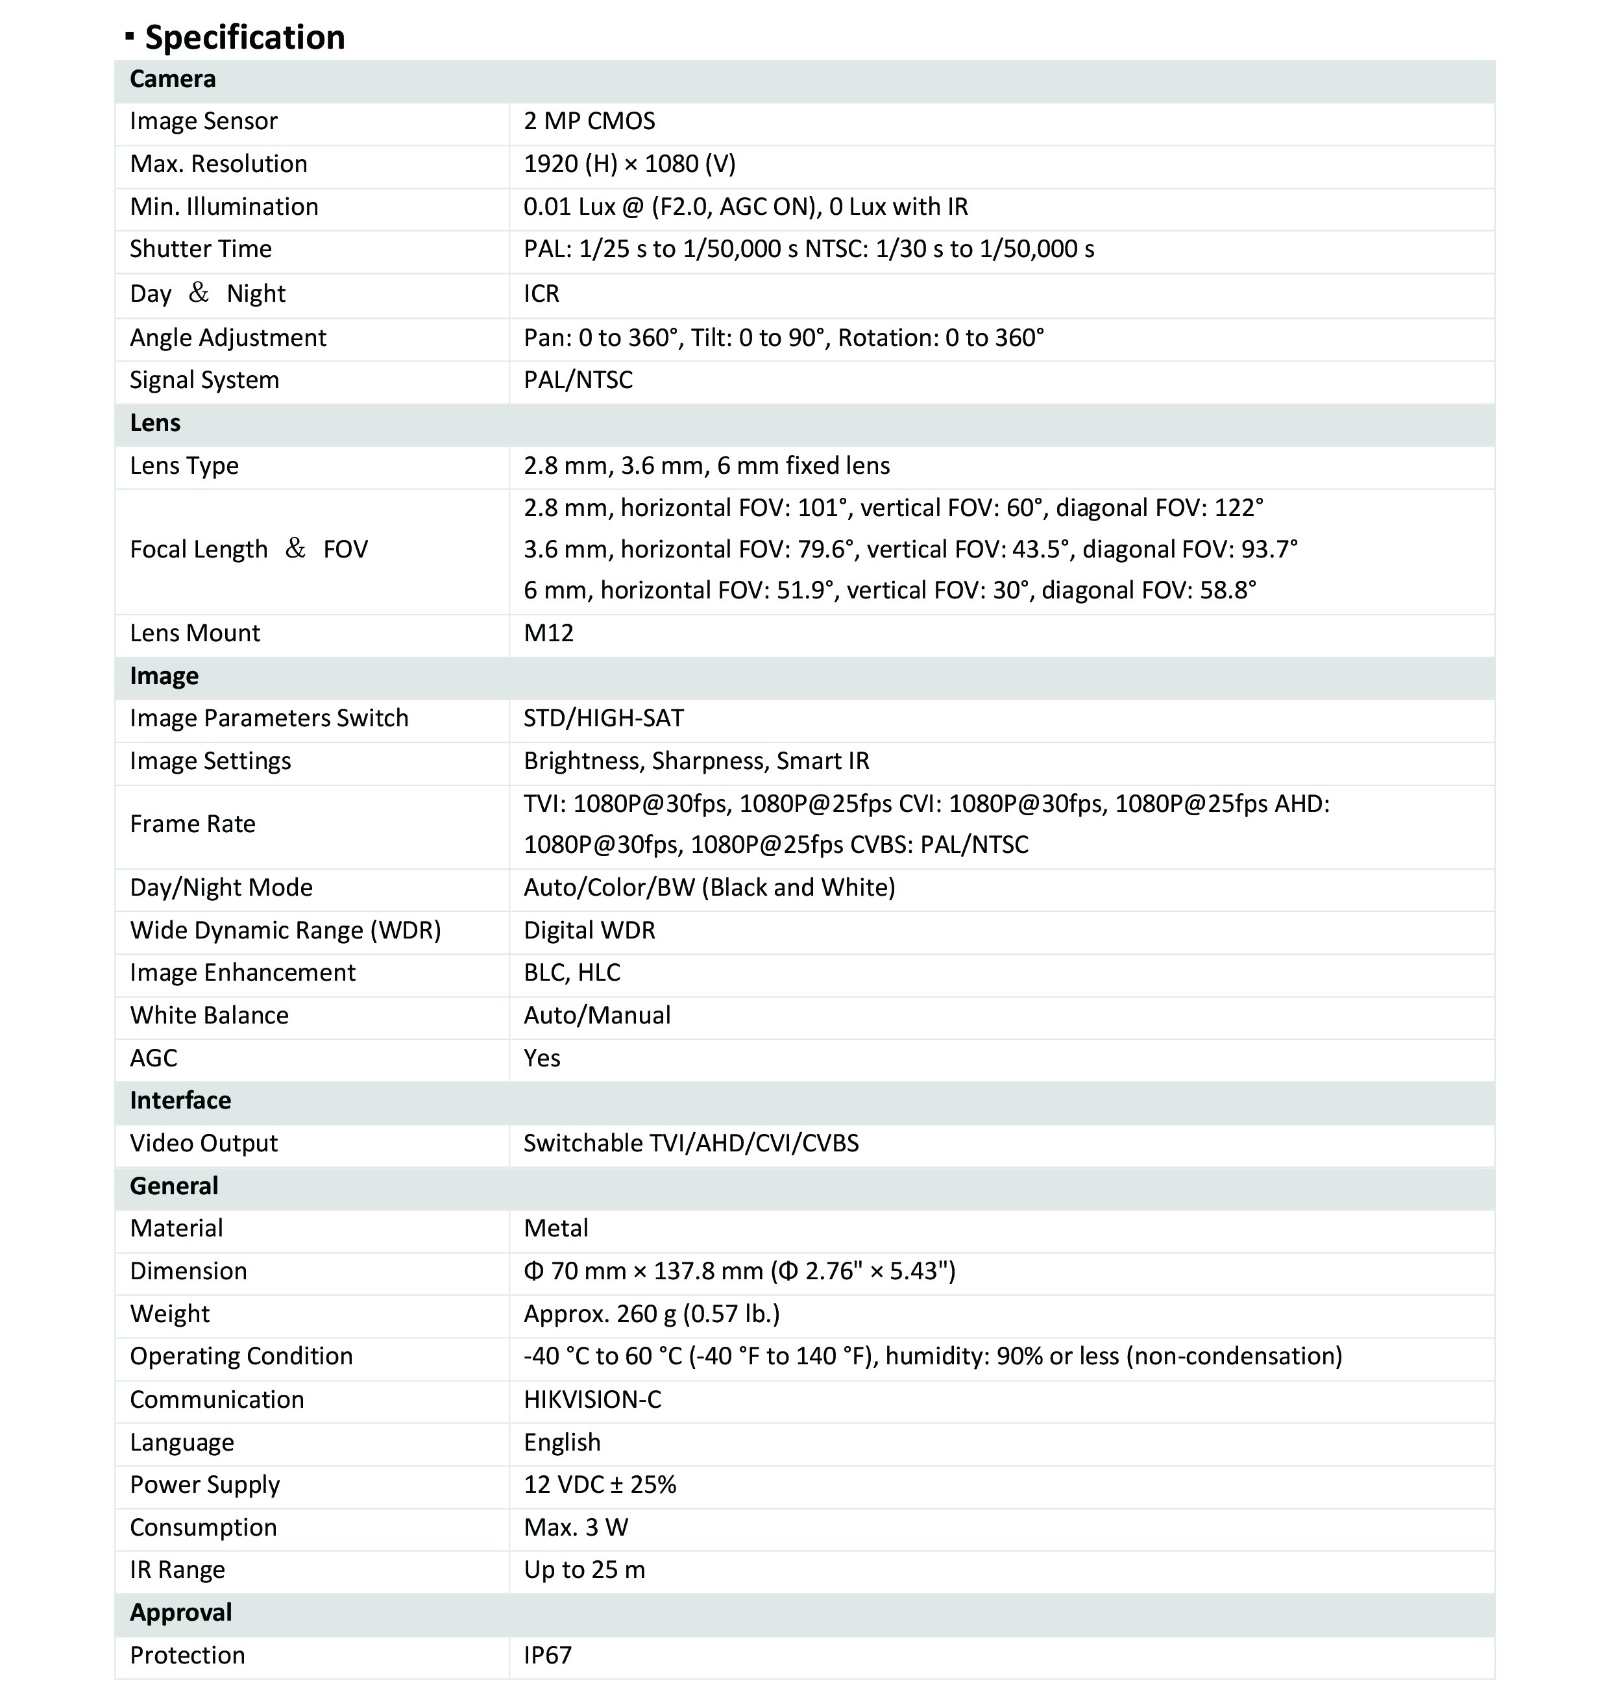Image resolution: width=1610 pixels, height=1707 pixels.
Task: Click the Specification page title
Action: click(244, 37)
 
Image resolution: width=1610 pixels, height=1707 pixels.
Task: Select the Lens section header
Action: click(155, 423)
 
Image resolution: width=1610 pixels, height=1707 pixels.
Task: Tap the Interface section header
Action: click(180, 1100)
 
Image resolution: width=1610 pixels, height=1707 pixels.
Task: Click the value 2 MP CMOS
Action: click(589, 121)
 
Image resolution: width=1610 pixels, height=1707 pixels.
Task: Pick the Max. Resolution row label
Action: click(218, 164)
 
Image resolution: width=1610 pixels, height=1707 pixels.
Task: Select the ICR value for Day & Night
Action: click(542, 293)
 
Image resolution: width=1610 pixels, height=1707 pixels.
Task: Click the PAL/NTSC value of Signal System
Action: click(578, 380)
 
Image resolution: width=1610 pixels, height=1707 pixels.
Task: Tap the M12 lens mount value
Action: click(549, 633)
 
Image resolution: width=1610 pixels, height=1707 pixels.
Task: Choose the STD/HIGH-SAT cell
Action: click(604, 718)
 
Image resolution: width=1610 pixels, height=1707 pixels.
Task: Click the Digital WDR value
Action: click(589, 930)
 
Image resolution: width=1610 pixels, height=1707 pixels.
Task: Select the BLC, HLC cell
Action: click(572, 972)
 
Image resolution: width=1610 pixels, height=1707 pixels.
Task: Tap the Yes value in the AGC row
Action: click(542, 1058)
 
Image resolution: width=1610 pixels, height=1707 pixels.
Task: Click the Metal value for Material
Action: click(555, 1228)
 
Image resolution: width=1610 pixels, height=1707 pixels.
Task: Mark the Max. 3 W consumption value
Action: click(576, 1528)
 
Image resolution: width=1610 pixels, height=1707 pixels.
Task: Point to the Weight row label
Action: click(170, 1314)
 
